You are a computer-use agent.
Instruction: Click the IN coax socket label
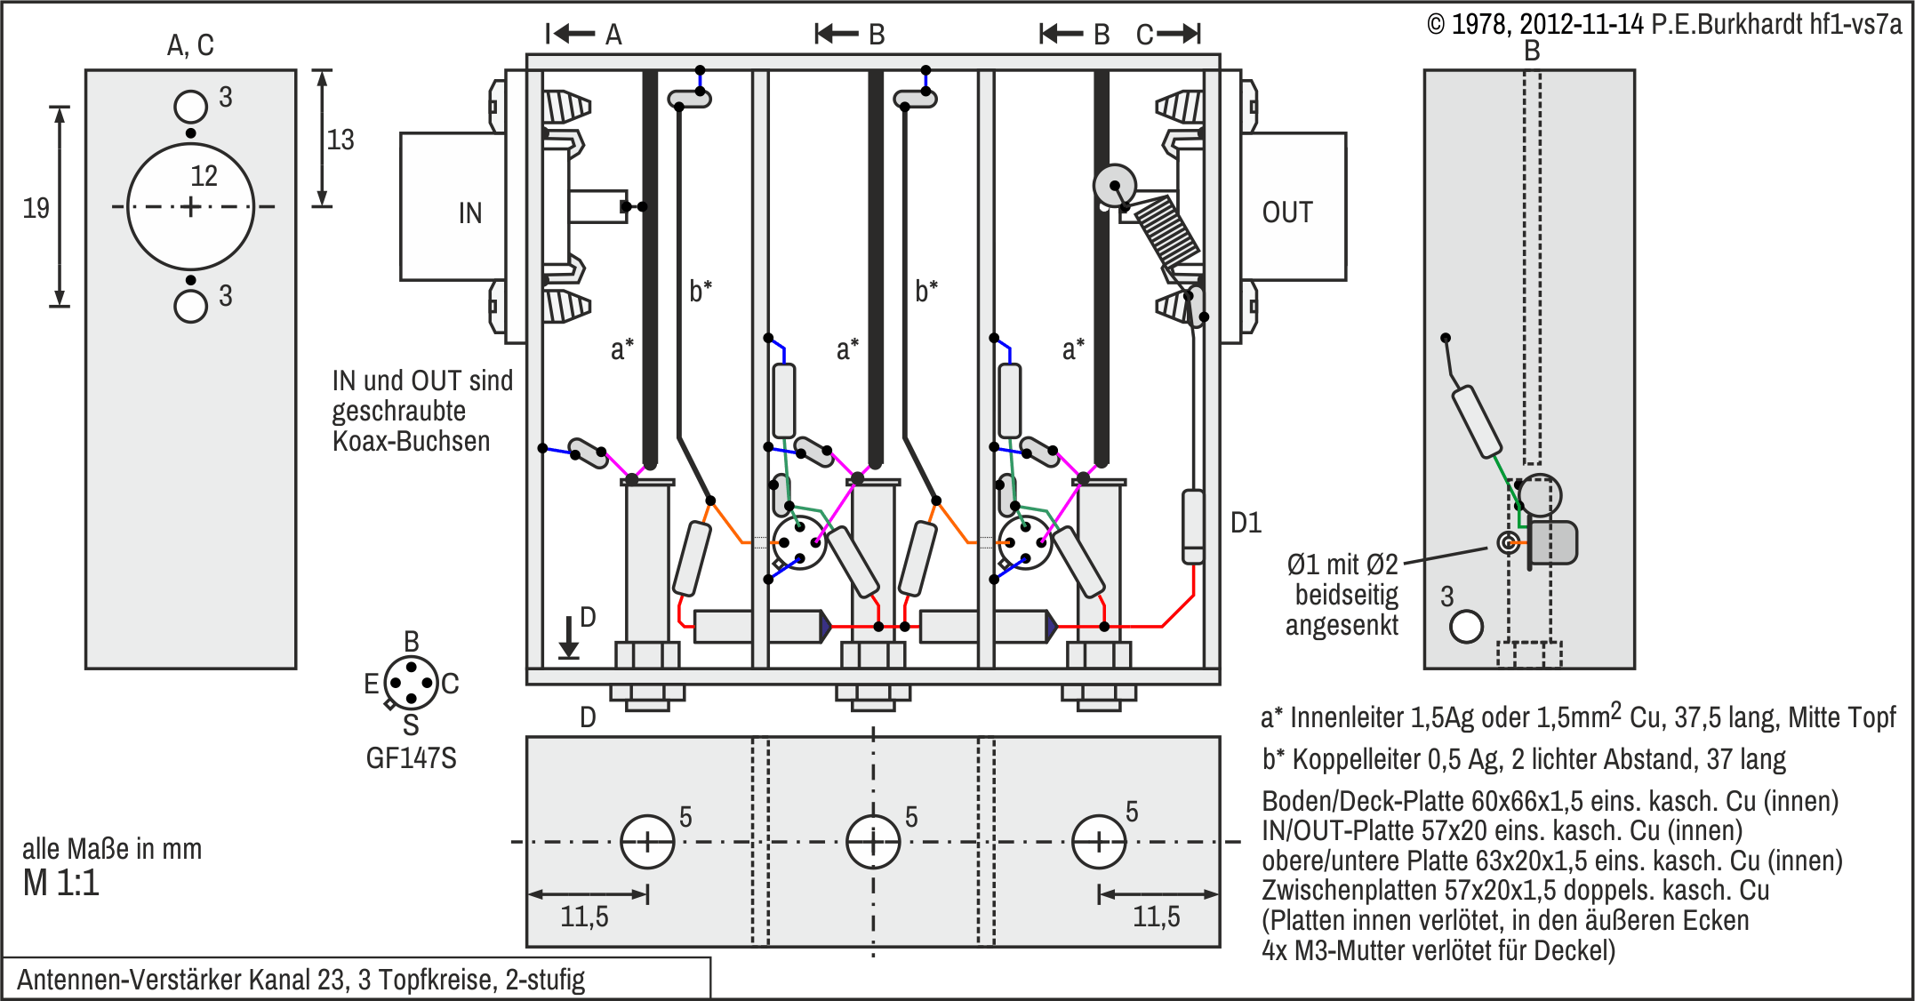click(470, 213)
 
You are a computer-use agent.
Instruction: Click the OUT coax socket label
click(1286, 212)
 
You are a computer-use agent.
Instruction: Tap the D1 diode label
click(1246, 523)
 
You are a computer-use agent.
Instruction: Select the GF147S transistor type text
click(411, 758)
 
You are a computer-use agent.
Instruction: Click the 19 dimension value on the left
click(36, 208)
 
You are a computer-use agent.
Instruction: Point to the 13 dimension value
click(340, 140)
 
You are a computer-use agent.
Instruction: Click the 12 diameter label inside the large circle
click(204, 176)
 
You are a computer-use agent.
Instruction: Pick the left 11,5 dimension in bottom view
click(584, 917)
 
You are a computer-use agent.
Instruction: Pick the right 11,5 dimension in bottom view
click(1156, 917)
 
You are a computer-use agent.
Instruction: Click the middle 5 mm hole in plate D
click(873, 841)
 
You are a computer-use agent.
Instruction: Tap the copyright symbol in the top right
click(1436, 25)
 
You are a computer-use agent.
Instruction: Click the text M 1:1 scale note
click(61, 883)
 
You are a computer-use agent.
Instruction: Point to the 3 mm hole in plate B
click(1466, 627)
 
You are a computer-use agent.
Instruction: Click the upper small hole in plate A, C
click(190, 107)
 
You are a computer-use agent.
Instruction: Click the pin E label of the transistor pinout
click(372, 684)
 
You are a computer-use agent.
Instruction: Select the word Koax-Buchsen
click(411, 441)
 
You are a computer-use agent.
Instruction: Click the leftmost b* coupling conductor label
click(701, 291)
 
